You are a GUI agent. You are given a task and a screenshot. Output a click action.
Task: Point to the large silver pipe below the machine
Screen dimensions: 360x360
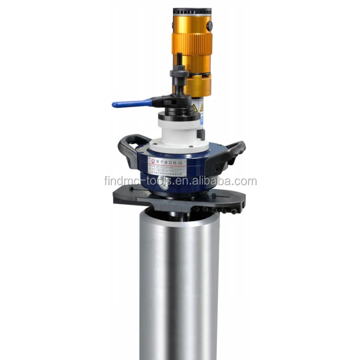pyautogui.click(x=180, y=283)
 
